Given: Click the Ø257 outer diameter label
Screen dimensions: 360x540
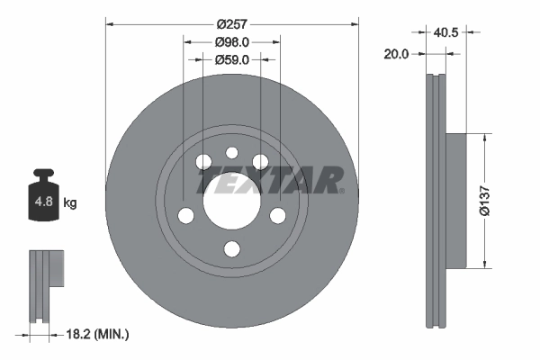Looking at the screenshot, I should pos(231,24).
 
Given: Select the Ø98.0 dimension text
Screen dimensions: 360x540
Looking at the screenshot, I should pos(231,42).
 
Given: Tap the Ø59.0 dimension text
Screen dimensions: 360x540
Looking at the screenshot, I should pos(231,60).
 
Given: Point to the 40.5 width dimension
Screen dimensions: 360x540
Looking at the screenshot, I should pos(446,33).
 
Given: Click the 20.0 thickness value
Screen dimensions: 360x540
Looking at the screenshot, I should pos(396,54).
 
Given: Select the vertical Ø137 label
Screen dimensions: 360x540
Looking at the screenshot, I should pos(483,200).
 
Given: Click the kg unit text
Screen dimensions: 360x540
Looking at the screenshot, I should pos(70,202).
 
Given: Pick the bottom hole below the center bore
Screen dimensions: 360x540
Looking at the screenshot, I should pos(231,249).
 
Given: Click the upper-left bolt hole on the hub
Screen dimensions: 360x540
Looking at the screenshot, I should pos(202,162).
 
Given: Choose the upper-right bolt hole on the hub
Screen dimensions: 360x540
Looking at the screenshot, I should pos(260,162).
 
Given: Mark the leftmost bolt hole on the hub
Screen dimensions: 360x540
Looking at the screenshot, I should pos(185,216).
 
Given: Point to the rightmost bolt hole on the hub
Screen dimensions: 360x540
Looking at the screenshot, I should pos(277,216).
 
